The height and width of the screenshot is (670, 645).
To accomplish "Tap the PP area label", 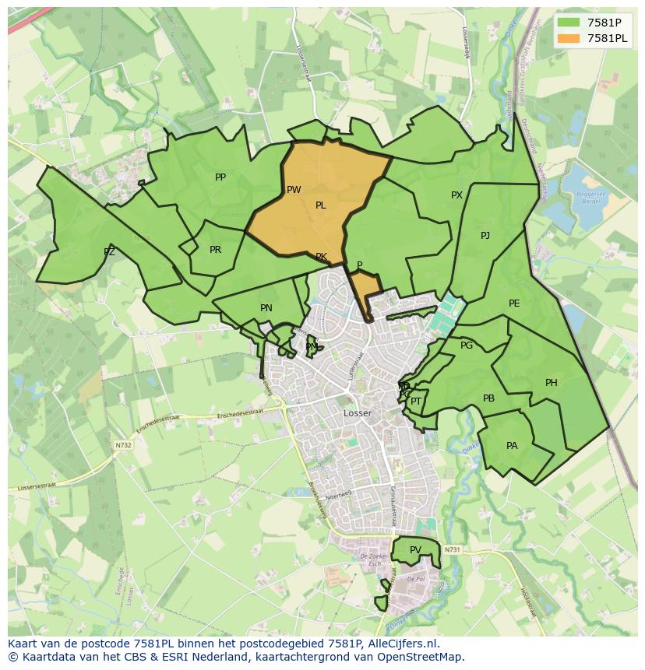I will click(220, 177).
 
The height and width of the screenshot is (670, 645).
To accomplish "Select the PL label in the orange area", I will click(320, 205).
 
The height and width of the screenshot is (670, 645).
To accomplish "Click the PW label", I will click(294, 190).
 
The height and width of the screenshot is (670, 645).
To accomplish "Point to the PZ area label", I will click(109, 252).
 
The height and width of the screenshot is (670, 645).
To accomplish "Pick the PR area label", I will click(216, 250).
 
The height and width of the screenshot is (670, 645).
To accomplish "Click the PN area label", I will click(266, 308).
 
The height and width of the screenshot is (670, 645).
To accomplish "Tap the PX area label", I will click(456, 195).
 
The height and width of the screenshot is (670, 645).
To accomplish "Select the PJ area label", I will click(485, 236).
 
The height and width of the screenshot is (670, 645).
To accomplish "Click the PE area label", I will click(514, 303).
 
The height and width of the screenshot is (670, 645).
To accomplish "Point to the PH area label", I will click(552, 383).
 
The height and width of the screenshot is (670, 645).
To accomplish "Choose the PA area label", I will click(512, 446).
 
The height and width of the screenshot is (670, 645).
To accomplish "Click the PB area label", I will click(488, 398).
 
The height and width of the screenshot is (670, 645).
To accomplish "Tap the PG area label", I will click(467, 346).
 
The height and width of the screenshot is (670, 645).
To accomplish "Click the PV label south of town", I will click(415, 550).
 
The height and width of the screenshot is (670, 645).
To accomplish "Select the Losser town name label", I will click(358, 413).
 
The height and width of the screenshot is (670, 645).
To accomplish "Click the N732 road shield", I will click(123, 445).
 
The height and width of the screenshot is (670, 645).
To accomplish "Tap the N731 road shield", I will click(452, 550).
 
